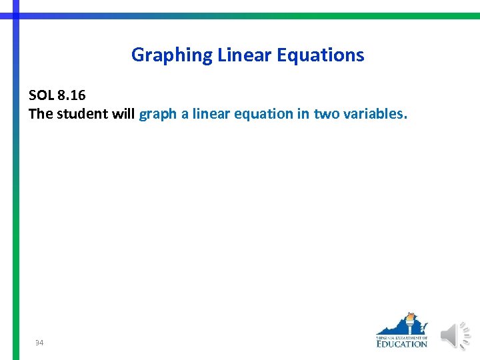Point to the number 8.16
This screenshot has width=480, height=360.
pyautogui.click(x=72, y=95)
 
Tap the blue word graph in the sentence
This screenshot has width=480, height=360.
pyautogui.click(x=157, y=115)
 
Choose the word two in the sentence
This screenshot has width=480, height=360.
pyautogui.click(x=326, y=114)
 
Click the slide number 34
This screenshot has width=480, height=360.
pyautogui.click(x=39, y=343)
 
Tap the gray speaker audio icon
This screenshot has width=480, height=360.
pyautogui.click(x=455, y=335)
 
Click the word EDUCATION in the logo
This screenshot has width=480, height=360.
pyautogui.click(x=401, y=343)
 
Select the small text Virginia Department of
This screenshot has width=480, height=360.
pyautogui.click(x=401, y=336)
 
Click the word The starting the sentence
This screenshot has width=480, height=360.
pyautogui.click(x=41, y=114)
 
